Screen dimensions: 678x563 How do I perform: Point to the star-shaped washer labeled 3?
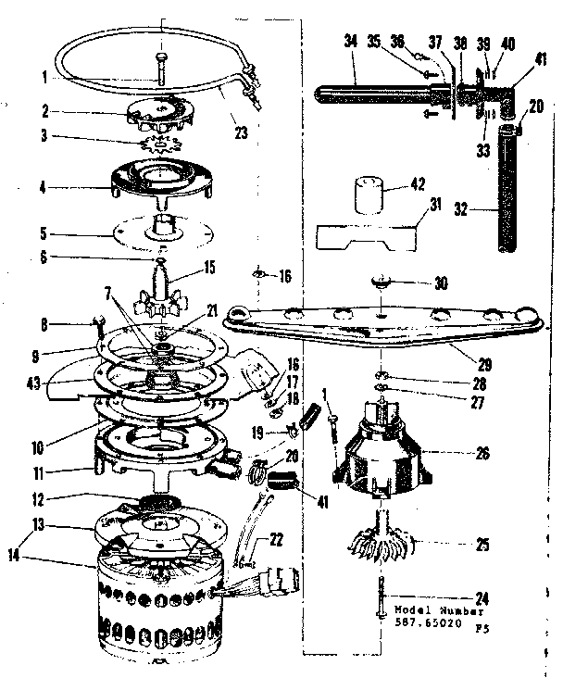pyautogui.click(x=163, y=144)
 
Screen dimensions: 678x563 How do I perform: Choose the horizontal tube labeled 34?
pyautogui.click(x=370, y=93)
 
